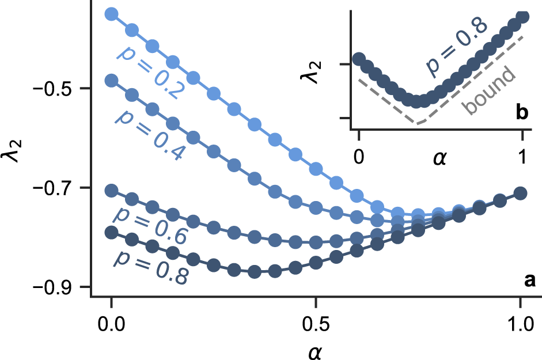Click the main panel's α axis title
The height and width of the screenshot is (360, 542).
coord(315,348)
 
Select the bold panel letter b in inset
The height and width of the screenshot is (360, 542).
coord(522,113)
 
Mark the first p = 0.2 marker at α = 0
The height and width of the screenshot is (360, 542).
coord(111,14)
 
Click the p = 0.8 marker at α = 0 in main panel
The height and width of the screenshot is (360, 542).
coord(111,232)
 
